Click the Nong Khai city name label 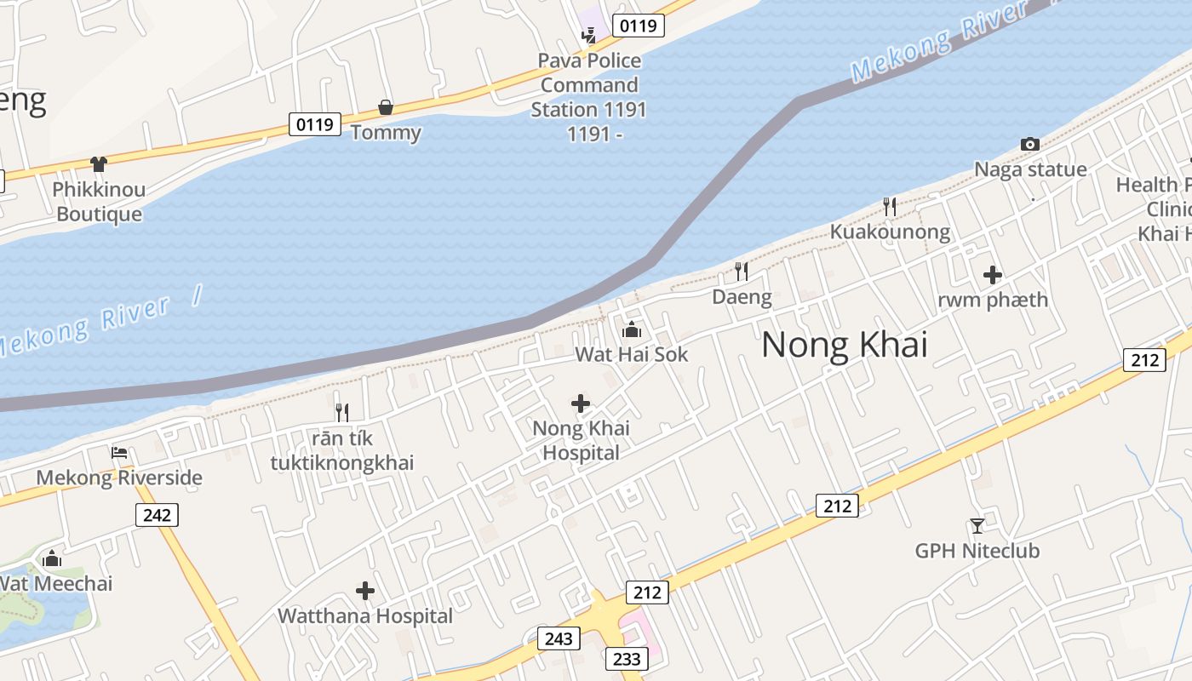(844, 345)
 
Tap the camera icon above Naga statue (1030, 145)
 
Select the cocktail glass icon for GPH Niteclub (977, 526)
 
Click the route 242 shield (157, 514)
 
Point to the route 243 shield (559, 638)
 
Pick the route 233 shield (626, 658)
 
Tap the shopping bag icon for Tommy (386, 107)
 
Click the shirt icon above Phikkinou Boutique (99, 164)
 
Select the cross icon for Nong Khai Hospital (581, 403)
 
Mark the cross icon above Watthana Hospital (365, 590)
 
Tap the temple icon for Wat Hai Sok (632, 329)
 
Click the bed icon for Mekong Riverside (119, 452)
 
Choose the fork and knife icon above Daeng (742, 271)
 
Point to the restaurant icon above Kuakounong (890, 206)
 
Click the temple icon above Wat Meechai (53, 558)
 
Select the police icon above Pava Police (588, 35)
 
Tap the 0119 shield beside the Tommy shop (314, 124)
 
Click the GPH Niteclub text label (977, 552)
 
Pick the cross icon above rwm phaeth (992, 275)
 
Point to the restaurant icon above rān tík (342, 413)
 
